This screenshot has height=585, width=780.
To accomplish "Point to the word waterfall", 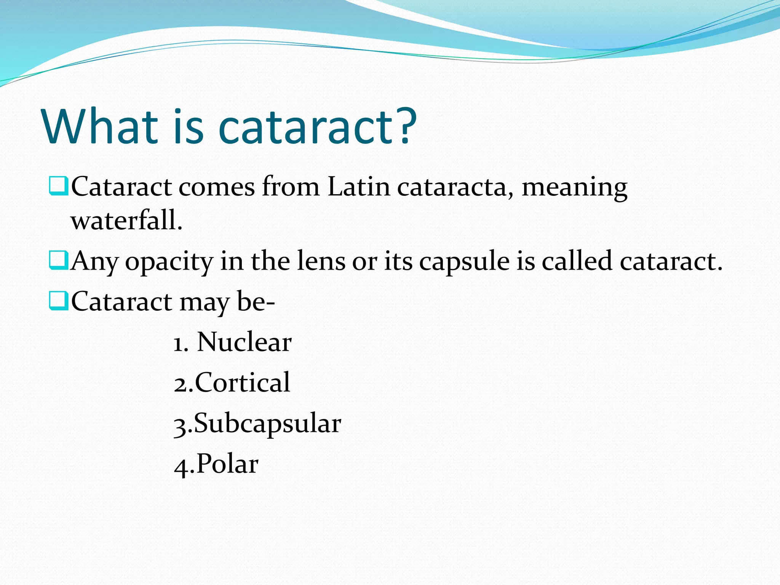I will pyautogui.click(x=126, y=221).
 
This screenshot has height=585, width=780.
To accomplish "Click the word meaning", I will pyautogui.click(x=574, y=188).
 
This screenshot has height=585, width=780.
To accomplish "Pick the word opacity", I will pyautogui.click(x=169, y=262).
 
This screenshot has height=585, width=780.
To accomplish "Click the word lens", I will pyautogui.click(x=321, y=261).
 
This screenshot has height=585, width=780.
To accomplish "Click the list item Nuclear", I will pyautogui.click(x=244, y=342).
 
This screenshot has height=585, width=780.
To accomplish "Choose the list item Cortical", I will pyautogui.click(x=243, y=382).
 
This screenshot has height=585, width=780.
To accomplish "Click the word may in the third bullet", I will pyautogui.click(x=204, y=303).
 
